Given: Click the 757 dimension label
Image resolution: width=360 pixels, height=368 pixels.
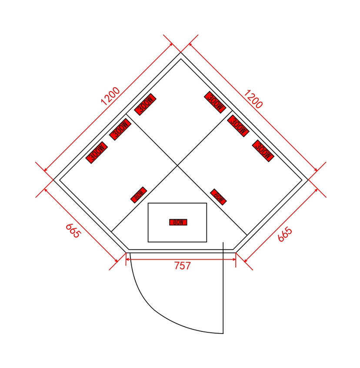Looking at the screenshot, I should click(x=182, y=266).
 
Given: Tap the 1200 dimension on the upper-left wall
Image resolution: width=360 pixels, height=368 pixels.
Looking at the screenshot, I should click(x=110, y=97).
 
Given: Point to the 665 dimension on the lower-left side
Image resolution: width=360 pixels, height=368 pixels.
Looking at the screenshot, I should click(x=73, y=231).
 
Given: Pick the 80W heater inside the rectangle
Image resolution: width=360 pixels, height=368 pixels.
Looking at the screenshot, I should click(x=178, y=222).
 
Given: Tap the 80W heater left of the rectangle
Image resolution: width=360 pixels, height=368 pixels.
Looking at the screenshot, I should click(x=139, y=195).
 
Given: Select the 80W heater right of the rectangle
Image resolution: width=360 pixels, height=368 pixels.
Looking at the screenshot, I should click(x=218, y=197).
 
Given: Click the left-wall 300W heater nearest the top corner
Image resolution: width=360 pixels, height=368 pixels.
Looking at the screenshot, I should click(x=145, y=104).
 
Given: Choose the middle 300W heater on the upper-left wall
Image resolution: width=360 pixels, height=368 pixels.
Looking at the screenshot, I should click(x=121, y=129).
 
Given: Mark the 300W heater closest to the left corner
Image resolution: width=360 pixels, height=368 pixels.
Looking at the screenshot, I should click(x=97, y=153).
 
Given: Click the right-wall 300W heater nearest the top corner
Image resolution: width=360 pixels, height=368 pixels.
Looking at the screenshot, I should click(x=215, y=102).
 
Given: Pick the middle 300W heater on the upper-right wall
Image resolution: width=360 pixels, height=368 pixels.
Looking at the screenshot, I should click(x=238, y=126).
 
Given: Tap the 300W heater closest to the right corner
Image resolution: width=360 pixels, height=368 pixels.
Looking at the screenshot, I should click(x=263, y=151).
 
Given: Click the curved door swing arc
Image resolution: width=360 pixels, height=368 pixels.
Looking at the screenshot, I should click(x=152, y=307).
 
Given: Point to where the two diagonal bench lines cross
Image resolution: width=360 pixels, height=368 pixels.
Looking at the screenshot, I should click(x=177, y=165).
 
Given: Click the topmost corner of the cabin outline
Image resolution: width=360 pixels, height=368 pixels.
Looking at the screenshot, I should click(x=180, y=53).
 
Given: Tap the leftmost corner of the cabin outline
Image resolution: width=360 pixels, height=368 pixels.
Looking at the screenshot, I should click(x=53, y=179).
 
